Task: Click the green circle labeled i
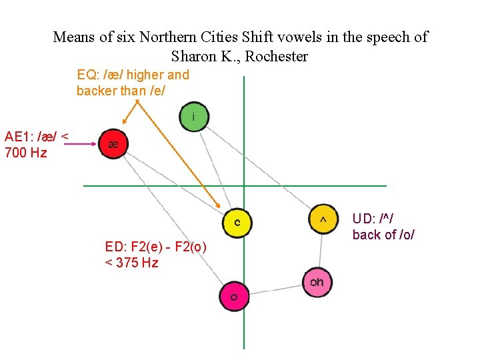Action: click(194, 117)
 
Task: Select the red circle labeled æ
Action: click(113, 144)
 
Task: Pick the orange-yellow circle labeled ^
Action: click(323, 219)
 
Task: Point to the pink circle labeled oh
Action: click(317, 282)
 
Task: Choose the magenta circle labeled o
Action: click(233, 296)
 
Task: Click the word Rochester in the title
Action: click(277, 56)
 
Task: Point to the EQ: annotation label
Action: click(89, 75)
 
